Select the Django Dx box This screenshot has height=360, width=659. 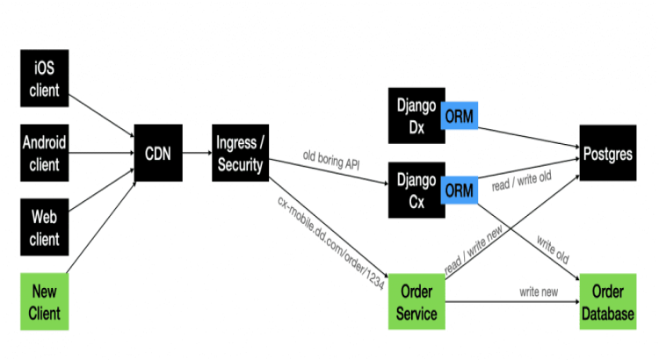click(415, 116)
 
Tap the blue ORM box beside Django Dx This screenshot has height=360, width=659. click(460, 117)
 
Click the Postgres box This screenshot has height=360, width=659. click(607, 155)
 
